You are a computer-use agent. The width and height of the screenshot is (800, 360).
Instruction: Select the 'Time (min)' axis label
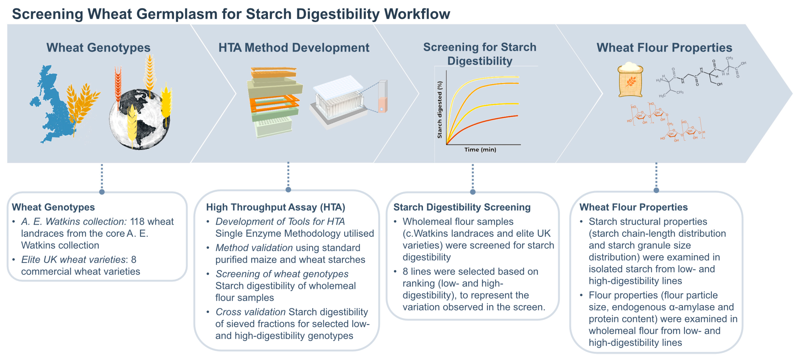[x=480, y=150]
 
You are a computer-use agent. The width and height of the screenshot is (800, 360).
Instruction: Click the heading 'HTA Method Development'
[x=294, y=48]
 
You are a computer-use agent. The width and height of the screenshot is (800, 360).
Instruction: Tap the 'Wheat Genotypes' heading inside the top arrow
[x=98, y=48]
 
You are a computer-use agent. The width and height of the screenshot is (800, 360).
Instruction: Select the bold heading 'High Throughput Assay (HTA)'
[x=275, y=207]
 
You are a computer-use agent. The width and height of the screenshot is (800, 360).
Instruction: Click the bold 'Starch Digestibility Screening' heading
[x=462, y=207]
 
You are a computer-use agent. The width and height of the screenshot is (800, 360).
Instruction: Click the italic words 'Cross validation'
[x=250, y=312]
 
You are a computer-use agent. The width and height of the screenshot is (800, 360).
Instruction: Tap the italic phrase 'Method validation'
[x=254, y=248]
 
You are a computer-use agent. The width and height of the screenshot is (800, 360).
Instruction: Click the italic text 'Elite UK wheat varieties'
[x=73, y=260]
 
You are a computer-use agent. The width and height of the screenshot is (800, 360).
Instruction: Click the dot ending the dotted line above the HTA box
[x=288, y=190]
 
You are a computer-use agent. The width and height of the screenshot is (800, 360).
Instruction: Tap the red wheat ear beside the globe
[x=118, y=84]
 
